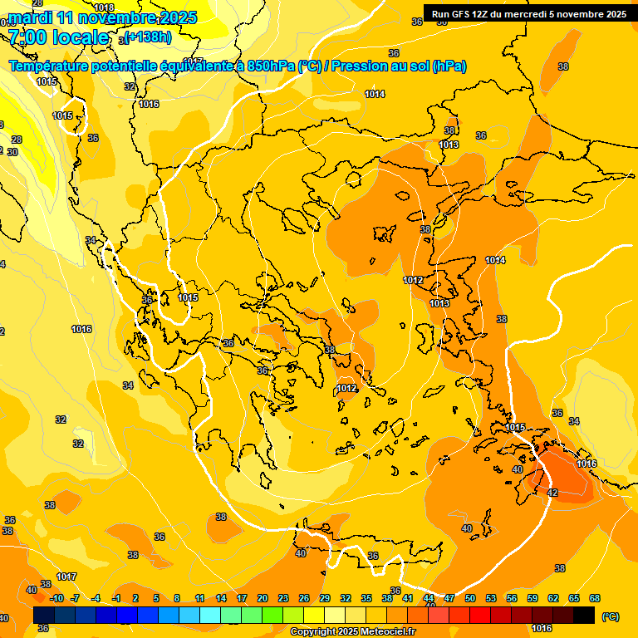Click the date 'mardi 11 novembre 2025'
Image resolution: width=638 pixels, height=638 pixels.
coord(103,17)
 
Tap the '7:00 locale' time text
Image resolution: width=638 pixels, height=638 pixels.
coord(58,37)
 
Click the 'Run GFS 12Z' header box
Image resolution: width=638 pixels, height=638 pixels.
coord(529,13)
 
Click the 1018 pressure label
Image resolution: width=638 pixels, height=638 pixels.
coord(104,7)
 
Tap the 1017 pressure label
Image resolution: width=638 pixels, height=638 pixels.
coord(66,577)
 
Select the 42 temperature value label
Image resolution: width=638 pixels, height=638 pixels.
coord(552,493)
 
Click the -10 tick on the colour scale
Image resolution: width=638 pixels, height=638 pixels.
coord(56,598)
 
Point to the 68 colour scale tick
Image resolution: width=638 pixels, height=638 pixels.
coord(595,598)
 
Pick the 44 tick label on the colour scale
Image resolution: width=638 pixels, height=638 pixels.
coord(429,598)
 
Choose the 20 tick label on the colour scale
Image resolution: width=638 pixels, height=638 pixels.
coord(263,598)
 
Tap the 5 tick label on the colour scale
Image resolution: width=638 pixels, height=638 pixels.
coord(156,598)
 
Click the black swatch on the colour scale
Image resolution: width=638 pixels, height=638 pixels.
coord(584,615)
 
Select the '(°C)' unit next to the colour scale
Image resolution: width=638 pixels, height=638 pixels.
coord(611,616)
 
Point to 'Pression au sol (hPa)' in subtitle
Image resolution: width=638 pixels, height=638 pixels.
coord(398,66)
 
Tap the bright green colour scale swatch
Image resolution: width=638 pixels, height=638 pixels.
coord(272,615)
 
